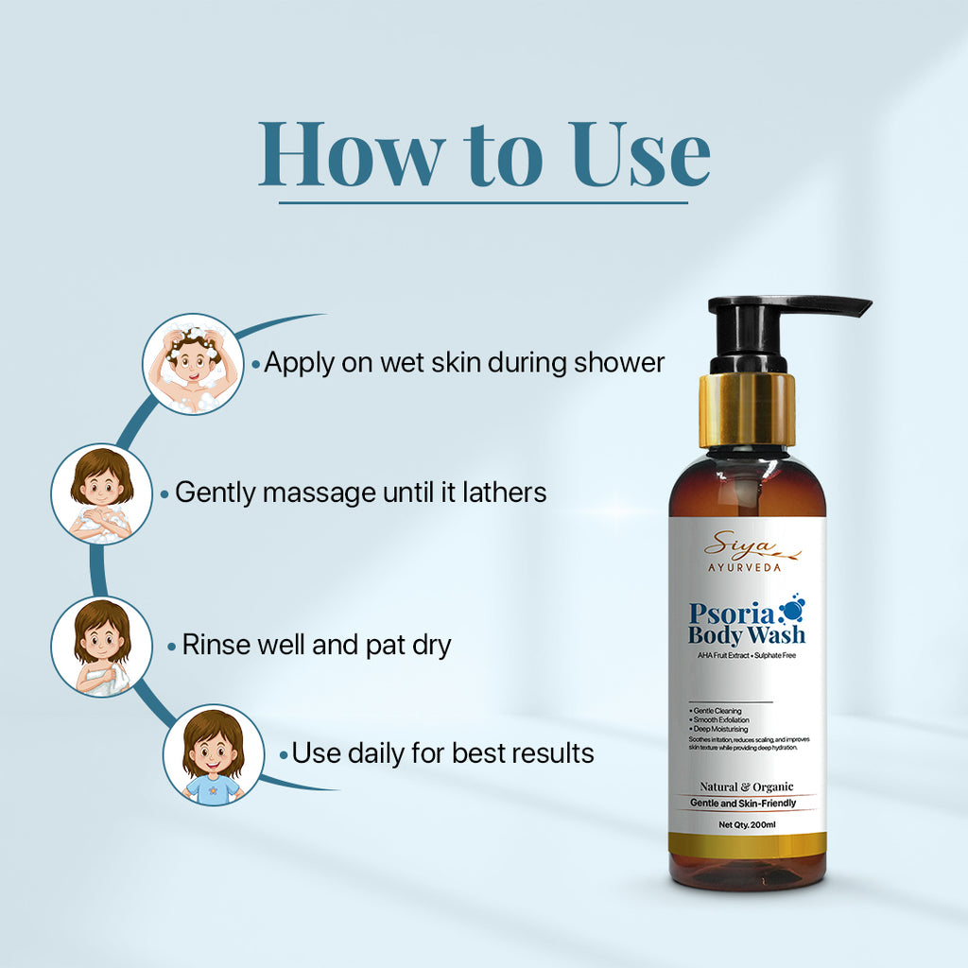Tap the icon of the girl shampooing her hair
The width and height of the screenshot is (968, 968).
pyautogui.click(x=192, y=364)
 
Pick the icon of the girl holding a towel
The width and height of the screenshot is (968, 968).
pyautogui.click(x=101, y=647)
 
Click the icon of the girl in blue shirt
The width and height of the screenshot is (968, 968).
pyautogui.click(x=213, y=754)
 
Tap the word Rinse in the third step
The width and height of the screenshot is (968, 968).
pyautogui.click(x=216, y=646)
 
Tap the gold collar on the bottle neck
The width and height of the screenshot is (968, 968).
pyautogui.click(x=747, y=409)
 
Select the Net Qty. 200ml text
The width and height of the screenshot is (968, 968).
pyautogui.click(x=747, y=824)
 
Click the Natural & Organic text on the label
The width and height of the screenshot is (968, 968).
pyautogui.click(x=747, y=786)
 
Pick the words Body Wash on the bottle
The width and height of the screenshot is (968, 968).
pyautogui.click(x=747, y=635)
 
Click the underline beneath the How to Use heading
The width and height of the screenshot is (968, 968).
pyautogui.click(x=484, y=202)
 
